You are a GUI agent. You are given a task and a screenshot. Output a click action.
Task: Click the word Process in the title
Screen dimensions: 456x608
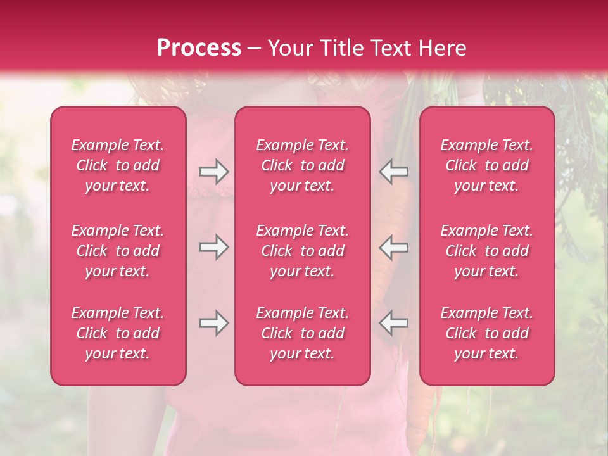tap(199, 48)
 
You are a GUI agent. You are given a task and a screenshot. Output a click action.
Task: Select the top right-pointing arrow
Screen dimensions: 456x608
tap(213, 172)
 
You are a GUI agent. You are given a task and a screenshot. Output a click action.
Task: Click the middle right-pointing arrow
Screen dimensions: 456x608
tap(213, 247)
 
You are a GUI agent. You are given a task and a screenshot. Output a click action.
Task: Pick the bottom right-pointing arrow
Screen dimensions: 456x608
tap(213, 323)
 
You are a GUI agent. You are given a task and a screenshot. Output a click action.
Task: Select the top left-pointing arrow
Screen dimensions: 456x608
tap(394, 172)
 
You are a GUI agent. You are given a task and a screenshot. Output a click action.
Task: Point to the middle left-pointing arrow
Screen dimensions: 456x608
tap(394, 247)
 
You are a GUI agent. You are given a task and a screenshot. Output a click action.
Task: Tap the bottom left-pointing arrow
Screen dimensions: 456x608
tap(394, 323)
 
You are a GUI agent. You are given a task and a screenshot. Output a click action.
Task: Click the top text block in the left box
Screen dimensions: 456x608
tap(118, 165)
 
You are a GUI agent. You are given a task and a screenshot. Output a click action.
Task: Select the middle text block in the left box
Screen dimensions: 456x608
tap(118, 251)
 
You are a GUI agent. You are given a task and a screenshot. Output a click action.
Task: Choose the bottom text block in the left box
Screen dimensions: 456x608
tap(118, 333)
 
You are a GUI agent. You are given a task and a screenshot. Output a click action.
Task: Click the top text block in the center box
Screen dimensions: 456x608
tap(303, 165)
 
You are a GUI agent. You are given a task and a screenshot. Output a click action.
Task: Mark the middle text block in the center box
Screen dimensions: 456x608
tap(303, 251)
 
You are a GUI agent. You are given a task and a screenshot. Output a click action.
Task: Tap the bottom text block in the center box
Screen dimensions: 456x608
tap(303, 333)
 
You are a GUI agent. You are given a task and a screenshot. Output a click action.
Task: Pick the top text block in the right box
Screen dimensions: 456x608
tap(487, 165)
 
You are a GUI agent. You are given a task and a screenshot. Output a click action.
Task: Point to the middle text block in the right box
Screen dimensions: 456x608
tap(487, 251)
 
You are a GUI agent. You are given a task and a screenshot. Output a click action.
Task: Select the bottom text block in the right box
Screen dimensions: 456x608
tap(487, 333)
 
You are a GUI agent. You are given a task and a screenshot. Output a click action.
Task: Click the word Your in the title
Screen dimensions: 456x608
tap(291, 48)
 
